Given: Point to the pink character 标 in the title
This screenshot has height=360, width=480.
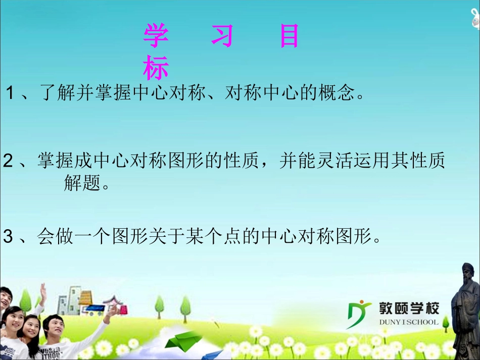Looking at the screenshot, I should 156,68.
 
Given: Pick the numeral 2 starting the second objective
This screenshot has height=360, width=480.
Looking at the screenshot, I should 8,162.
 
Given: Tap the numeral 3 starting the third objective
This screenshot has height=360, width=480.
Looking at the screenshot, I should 8,236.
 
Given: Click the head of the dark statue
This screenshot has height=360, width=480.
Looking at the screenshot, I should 468,273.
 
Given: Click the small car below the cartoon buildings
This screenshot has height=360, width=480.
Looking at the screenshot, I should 94,309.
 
